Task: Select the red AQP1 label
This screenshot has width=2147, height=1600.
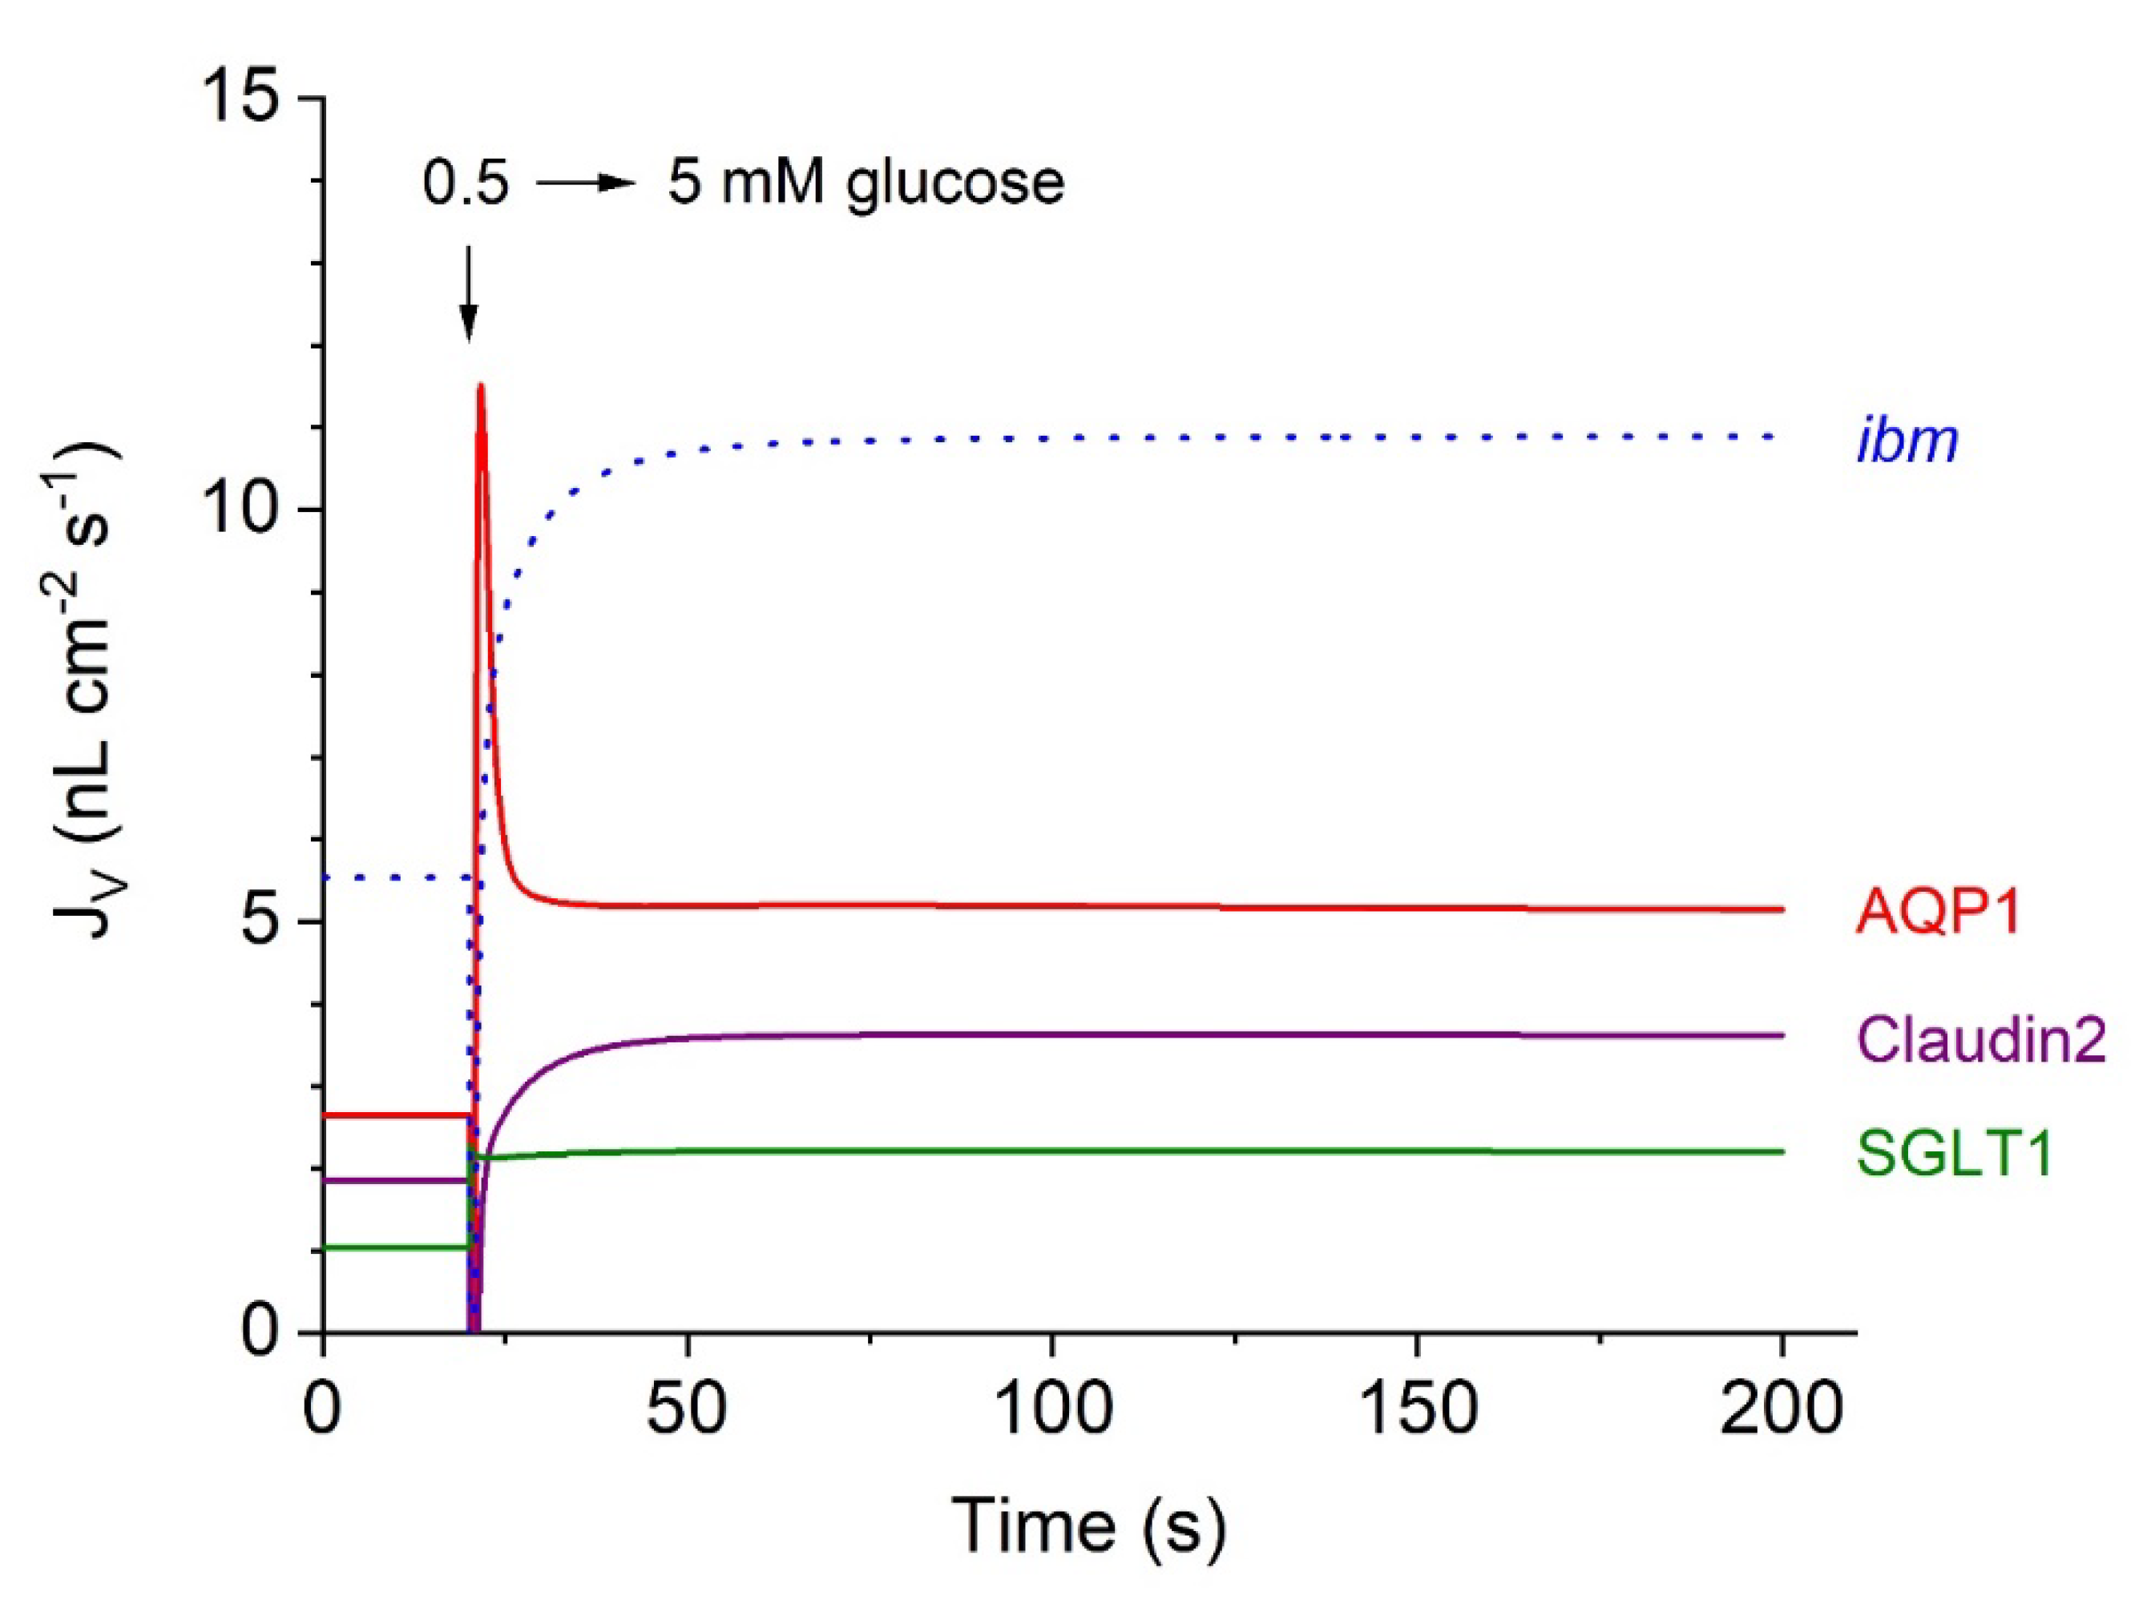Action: click(x=1937, y=912)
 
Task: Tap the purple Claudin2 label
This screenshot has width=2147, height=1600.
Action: click(x=1980, y=1042)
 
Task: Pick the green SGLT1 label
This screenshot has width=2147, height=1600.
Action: click(x=1954, y=1155)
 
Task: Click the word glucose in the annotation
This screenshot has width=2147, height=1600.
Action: click(x=954, y=182)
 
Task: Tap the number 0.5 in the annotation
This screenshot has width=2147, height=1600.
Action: click(x=465, y=182)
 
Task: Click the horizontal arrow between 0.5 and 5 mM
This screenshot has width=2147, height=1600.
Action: click(x=585, y=182)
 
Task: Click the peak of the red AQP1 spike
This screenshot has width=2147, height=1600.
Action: click(x=479, y=385)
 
